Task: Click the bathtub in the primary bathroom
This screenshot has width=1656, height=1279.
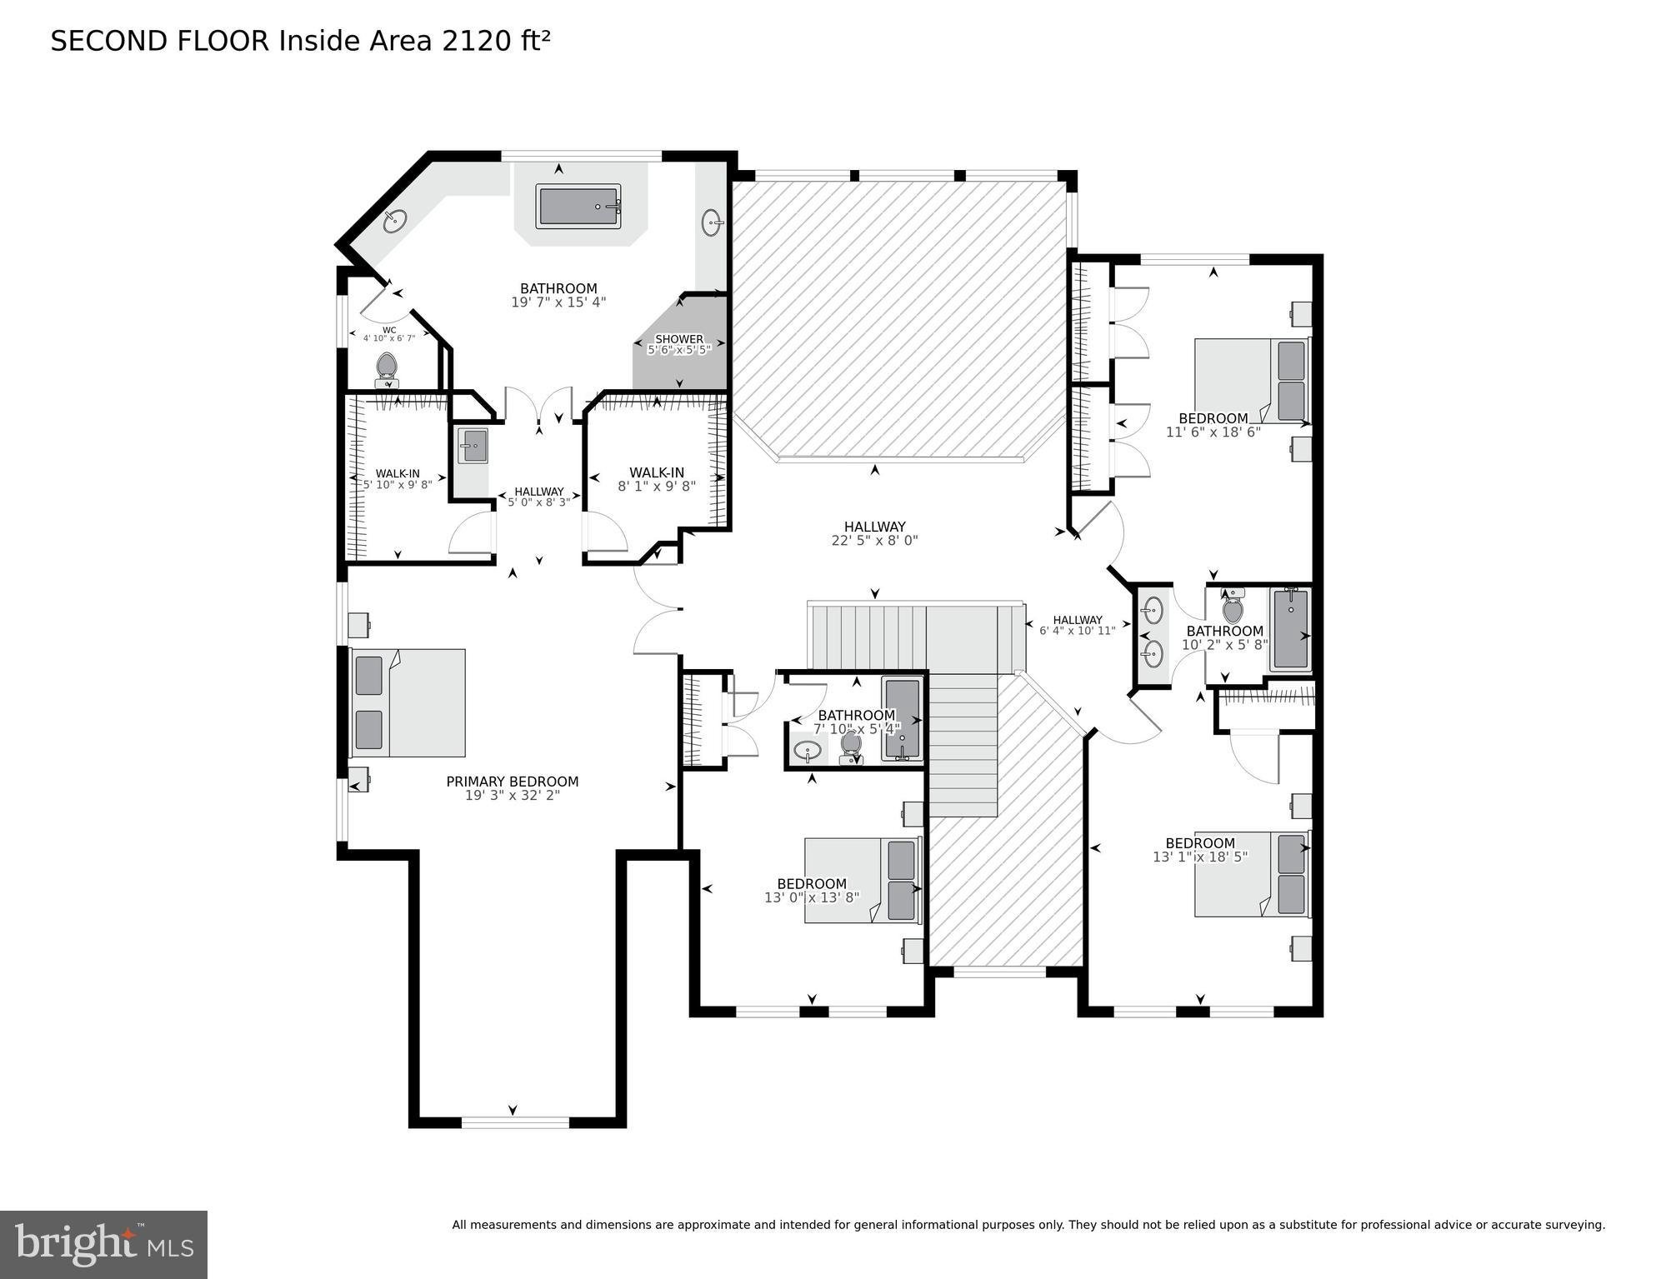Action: tap(578, 207)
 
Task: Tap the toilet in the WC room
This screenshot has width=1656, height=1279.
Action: tap(387, 367)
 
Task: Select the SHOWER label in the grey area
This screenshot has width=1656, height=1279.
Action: tap(679, 338)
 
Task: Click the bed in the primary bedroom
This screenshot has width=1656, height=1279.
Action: tap(408, 702)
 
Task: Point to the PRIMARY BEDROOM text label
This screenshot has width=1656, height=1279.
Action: tap(512, 782)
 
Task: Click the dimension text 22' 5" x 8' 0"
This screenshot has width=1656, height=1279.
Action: tap(874, 541)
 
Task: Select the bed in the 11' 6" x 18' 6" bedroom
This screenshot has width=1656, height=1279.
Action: tap(1251, 380)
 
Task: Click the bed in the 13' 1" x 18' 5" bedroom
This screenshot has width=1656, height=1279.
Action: tap(1251, 874)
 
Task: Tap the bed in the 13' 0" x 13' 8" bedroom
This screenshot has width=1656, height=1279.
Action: tap(862, 880)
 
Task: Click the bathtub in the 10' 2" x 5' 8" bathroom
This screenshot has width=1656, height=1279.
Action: tap(1290, 629)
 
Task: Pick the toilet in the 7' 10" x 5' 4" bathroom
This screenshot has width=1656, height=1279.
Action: tap(851, 744)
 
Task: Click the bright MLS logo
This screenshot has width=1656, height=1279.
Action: tap(103, 1244)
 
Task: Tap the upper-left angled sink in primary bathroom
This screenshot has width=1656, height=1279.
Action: tap(395, 222)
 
